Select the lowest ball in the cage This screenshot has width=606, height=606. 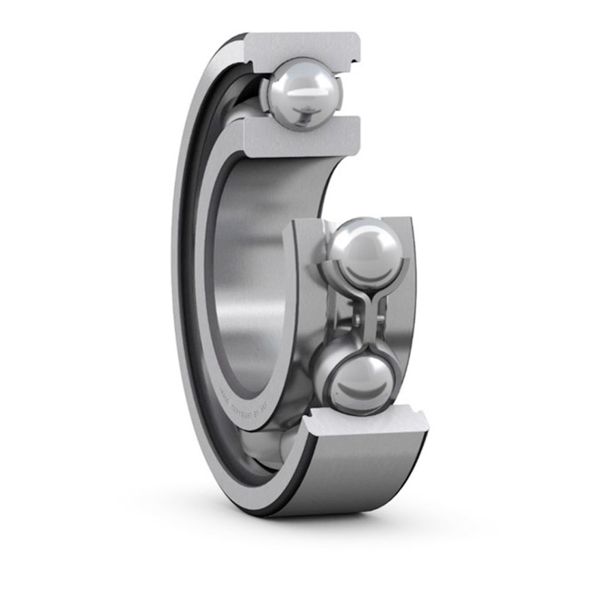point(362,376)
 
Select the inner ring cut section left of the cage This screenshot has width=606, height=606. point(301,303)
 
